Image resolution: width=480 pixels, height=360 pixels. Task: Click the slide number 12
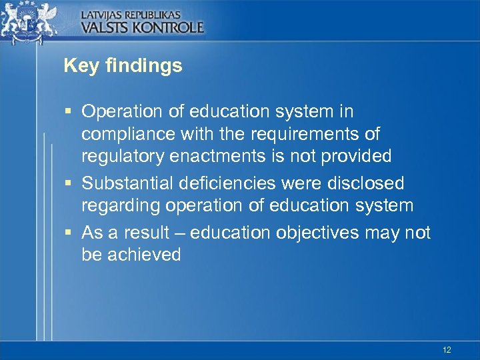(447, 349)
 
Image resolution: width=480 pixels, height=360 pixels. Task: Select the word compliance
(129, 134)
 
